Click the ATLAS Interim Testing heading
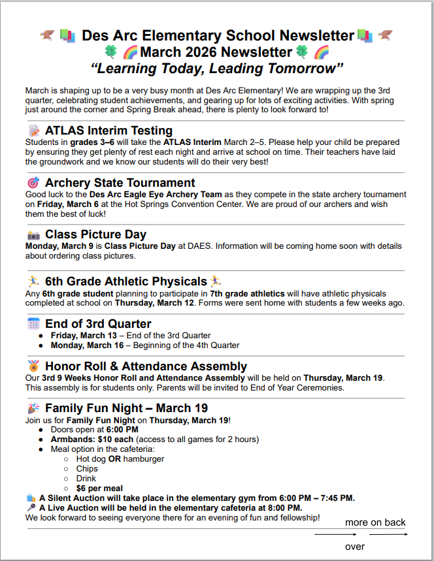point(108,131)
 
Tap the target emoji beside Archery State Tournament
point(33,183)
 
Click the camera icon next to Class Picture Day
point(33,234)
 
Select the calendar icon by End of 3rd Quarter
point(33,324)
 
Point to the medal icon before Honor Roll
point(33,366)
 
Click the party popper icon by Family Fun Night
point(33,409)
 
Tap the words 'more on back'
point(375,522)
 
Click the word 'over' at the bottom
point(355,546)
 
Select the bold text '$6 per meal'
point(99,488)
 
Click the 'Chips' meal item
point(87,468)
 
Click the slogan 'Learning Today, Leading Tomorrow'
point(217,68)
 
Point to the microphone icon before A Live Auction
point(31,507)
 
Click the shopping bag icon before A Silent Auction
point(31,498)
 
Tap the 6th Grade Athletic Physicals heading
point(125,281)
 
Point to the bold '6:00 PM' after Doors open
point(122,429)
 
